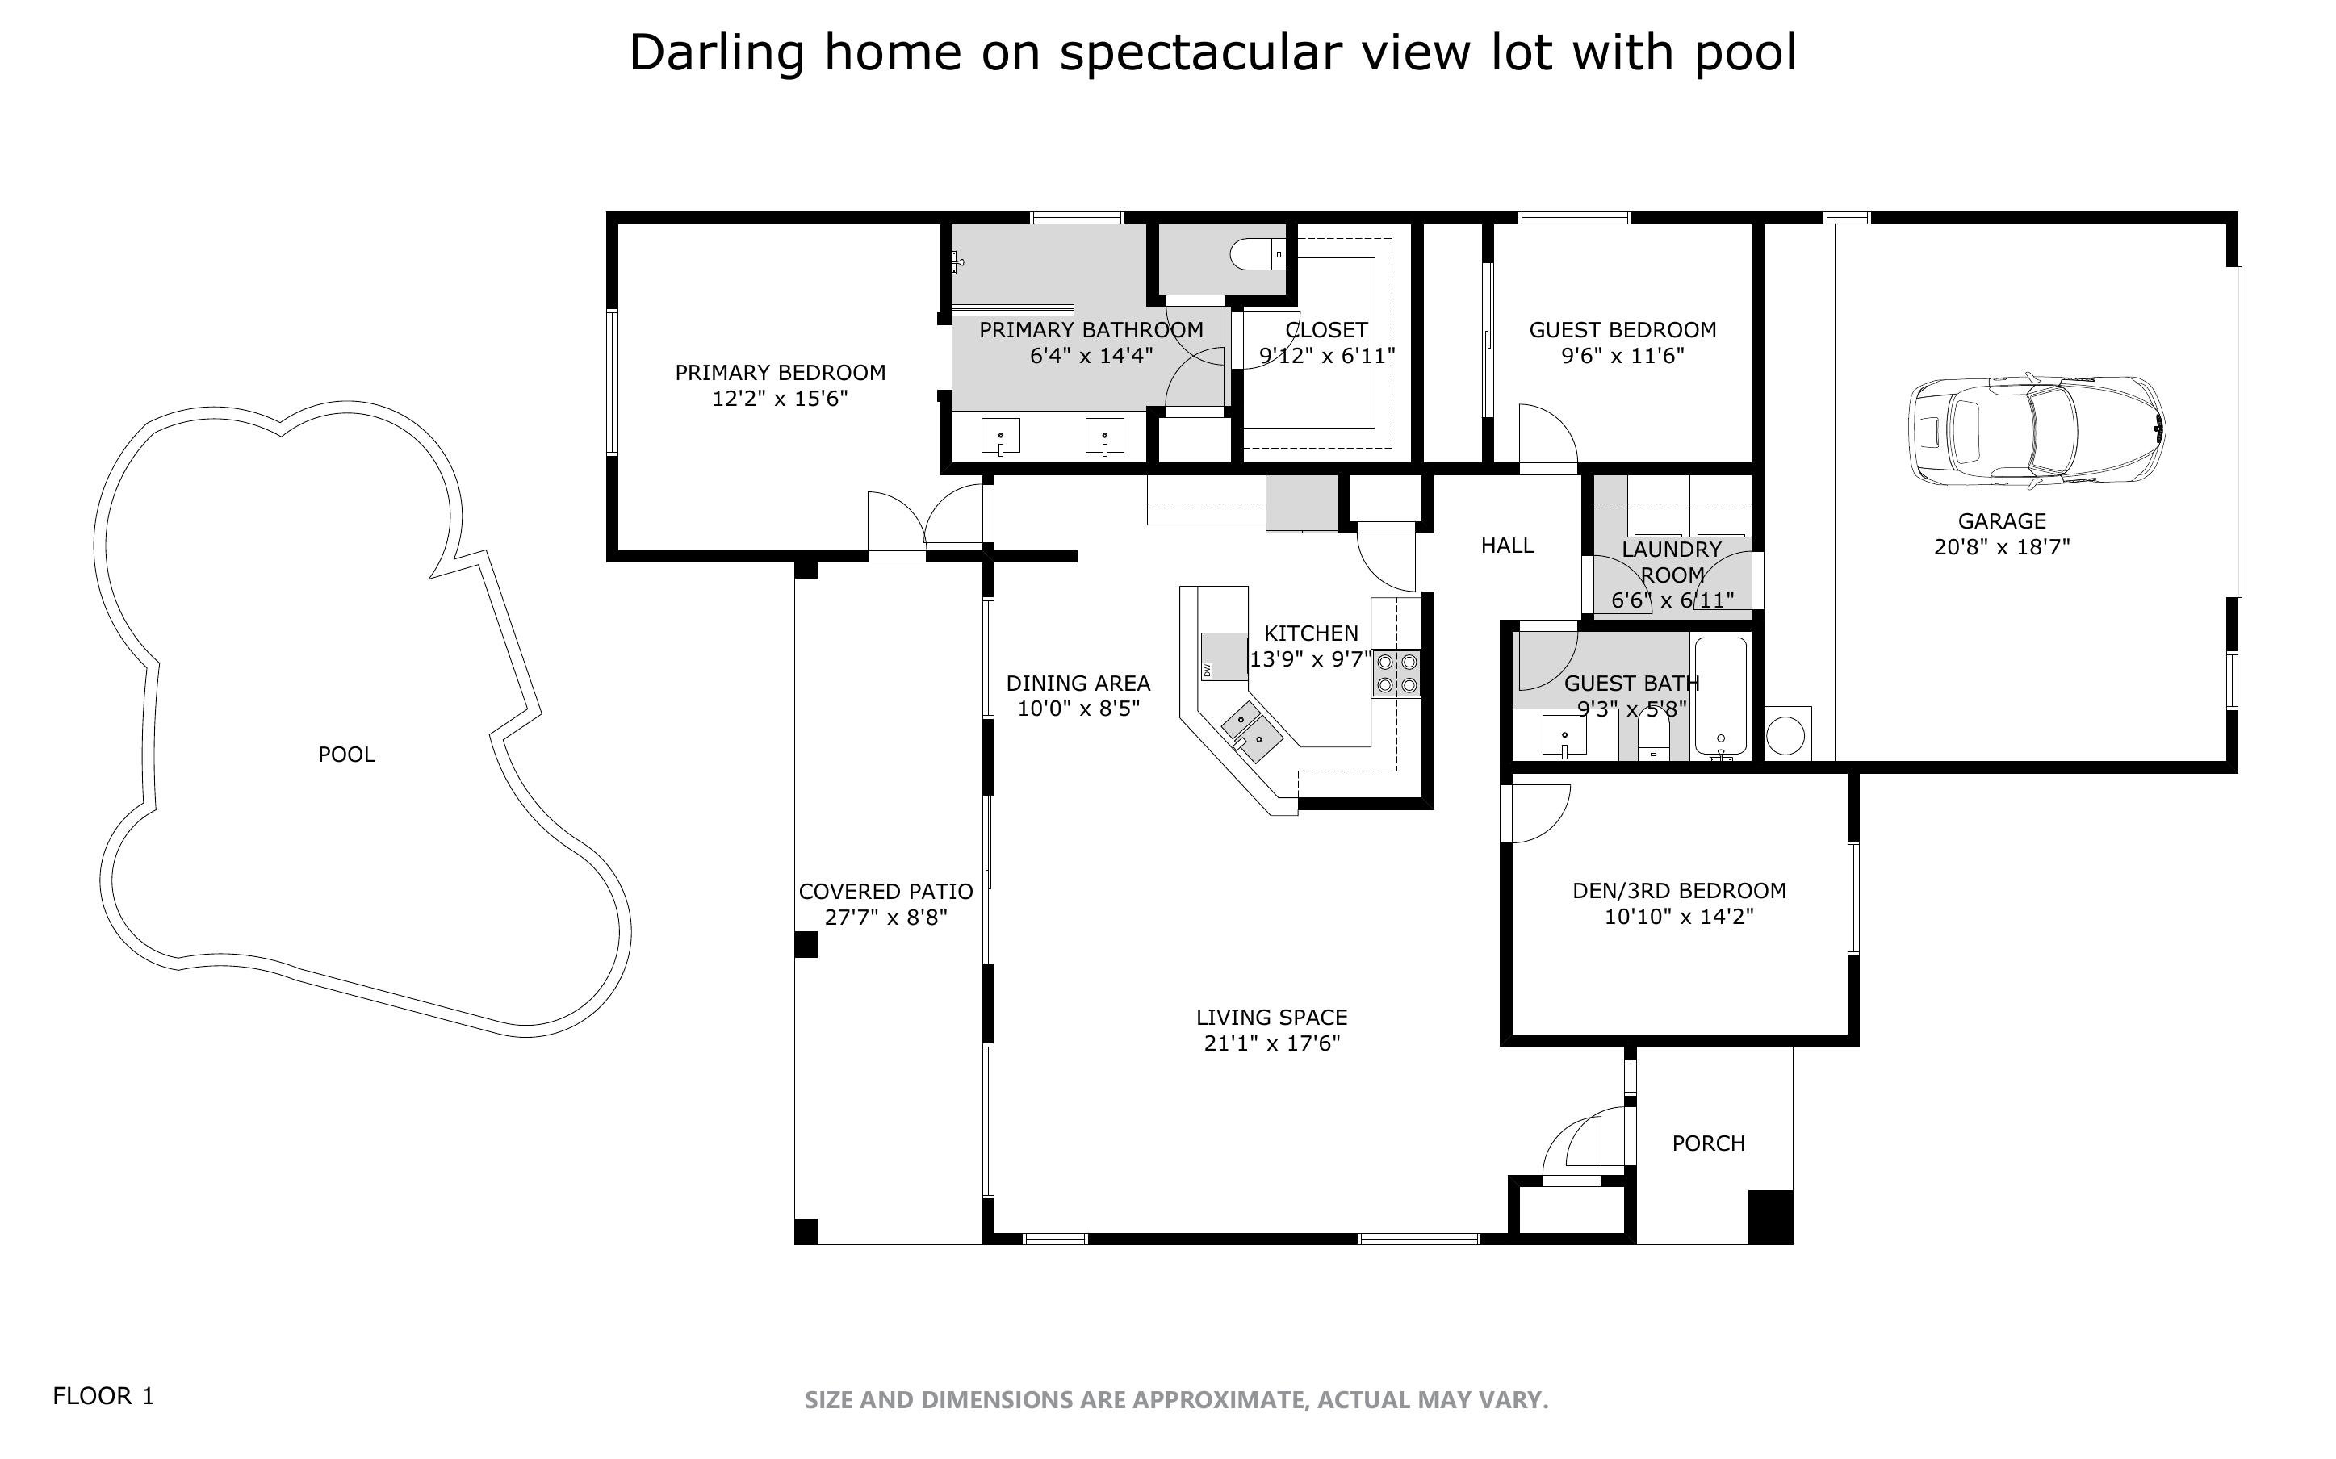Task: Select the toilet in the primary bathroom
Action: pyautogui.click(x=1258, y=255)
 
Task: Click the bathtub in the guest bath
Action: pyautogui.click(x=1720, y=696)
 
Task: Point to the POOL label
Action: pyautogui.click(x=346, y=755)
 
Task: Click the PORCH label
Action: pyautogui.click(x=1708, y=1143)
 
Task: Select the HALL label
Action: pyautogui.click(x=1507, y=546)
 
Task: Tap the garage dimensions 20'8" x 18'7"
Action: pyautogui.click(x=2002, y=547)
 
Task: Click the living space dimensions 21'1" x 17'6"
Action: pyautogui.click(x=1272, y=1043)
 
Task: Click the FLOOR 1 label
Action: pyautogui.click(x=103, y=1396)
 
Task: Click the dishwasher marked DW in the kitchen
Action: pyautogui.click(x=1224, y=656)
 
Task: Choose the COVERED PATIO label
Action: pyautogui.click(x=885, y=893)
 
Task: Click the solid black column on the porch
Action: pyautogui.click(x=1771, y=1217)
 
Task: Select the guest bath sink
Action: pyautogui.click(x=1564, y=736)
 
